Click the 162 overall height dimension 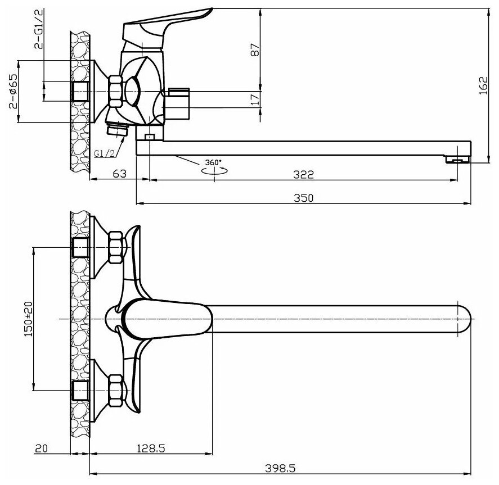point(483,87)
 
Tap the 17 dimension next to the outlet point(255,99)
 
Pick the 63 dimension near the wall point(119,174)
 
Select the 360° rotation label point(213,163)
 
